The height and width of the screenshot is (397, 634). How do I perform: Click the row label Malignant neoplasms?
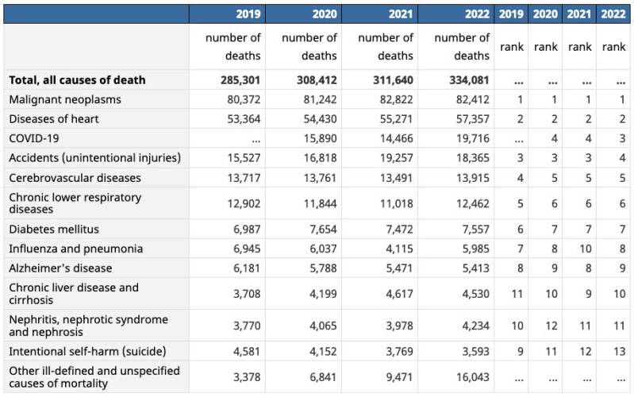coord(65,99)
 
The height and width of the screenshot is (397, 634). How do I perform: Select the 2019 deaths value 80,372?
coord(244,99)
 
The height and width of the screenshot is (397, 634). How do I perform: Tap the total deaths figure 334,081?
coord(469,80)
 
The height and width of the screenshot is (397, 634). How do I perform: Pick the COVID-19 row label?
coord(34,138)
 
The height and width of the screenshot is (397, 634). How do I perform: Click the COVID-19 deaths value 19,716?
coord(473,138)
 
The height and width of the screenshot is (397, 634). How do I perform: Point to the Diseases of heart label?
coord(54,119)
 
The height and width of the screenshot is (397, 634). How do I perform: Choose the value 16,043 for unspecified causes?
coord(473,377)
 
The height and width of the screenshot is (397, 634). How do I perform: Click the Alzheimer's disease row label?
coord(60,268)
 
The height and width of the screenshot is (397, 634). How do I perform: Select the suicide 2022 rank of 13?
coord(620,351)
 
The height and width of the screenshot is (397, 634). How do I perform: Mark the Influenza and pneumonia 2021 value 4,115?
coord(399,249)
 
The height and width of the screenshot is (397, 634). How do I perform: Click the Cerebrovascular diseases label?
coord(75,178)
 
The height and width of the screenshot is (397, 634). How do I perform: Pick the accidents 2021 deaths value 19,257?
coord(396,158)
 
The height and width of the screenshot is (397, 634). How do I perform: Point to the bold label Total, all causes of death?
coord(77,80)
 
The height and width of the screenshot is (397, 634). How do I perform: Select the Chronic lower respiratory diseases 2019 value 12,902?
coord(244,203)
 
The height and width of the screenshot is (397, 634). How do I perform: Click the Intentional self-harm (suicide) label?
coord(87,351)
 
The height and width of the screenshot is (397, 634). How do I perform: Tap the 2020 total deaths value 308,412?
coord(317,80)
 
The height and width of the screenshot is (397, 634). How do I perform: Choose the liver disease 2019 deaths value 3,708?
coord(247,294)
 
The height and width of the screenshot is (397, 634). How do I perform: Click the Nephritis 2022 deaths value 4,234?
coord(476,326)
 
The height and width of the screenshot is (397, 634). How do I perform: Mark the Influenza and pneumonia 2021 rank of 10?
coord(586,249)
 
